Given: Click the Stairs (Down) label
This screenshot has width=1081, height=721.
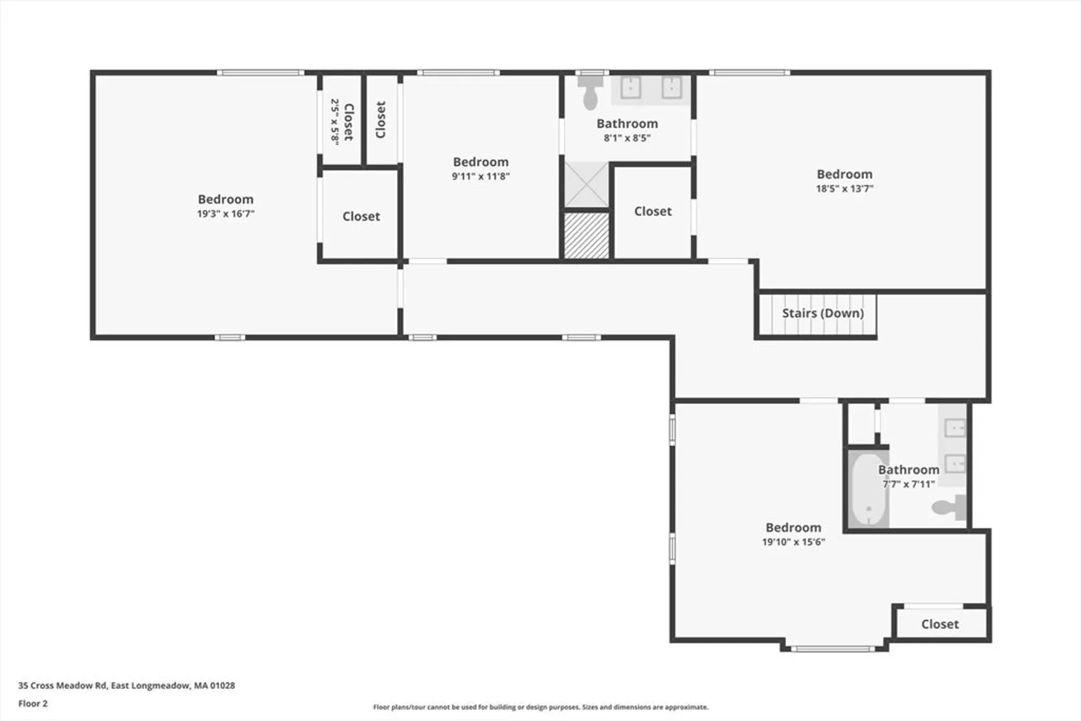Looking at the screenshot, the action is (x=823, y=313).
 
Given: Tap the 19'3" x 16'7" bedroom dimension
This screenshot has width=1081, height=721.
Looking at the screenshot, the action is (x=226, y=214).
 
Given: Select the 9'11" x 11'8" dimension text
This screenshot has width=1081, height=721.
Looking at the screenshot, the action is (x=481, y=176).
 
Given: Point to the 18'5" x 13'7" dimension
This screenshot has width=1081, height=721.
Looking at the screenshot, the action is (x=845, y=189).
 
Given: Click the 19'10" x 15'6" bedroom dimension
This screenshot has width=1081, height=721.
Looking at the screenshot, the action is (x=793, y=542).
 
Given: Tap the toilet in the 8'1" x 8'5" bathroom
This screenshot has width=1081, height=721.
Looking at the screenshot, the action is (x=590, y=93).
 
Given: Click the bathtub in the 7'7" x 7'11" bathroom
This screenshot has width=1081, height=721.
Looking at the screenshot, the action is (x=869, y=489).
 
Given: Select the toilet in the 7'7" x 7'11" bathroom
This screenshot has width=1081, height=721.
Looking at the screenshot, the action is (x=949, y=507).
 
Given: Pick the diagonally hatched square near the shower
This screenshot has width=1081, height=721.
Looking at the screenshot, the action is (x=586, y=236).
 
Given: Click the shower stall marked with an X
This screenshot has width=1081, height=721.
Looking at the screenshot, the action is (x=586, y=185).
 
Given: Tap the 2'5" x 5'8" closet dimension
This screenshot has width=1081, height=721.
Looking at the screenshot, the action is (x=335, y=121).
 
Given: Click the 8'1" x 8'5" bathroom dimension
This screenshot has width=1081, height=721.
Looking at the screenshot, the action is (x=627, y=138).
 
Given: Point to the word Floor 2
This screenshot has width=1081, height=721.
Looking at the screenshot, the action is (x=33, y=704).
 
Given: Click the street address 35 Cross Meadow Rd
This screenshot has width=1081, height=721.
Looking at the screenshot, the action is (x=62, y=686).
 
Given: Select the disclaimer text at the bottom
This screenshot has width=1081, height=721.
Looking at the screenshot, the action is (x=541, y=707).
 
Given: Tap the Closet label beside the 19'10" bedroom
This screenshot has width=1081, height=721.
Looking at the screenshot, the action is (x=939, y=624).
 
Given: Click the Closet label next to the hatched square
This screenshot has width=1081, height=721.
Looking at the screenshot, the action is (x=652, y=212).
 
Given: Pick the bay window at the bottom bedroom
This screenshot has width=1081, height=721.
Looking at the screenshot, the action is (x=833, y=649).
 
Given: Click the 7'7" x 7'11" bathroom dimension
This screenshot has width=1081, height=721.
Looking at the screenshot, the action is (x=909, y=484).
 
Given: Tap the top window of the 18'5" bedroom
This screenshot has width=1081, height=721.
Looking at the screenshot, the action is (x=749, y=73).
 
